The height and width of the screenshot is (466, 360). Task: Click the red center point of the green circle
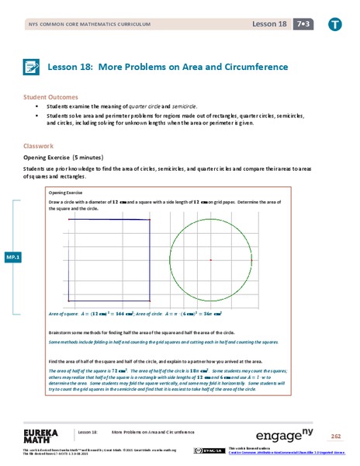[x=210, y=259]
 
